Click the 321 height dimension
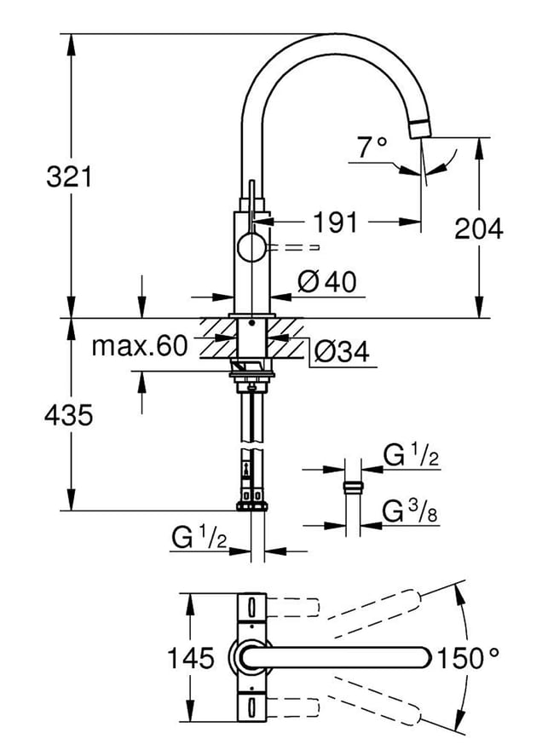point(69,176)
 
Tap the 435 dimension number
point(68,414)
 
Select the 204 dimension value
point(479,228)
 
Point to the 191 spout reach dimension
point(336,222)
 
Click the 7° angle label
point(372,147)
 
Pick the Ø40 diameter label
point(328,281)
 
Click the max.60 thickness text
point(139,346)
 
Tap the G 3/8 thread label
point(410,511)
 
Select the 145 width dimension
point(190,658)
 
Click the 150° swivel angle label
point(468,658)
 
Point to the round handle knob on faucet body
point(251,247)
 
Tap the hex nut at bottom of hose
point(251,505)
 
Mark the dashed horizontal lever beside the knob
point(293,247)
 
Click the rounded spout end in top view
point(422,658)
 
